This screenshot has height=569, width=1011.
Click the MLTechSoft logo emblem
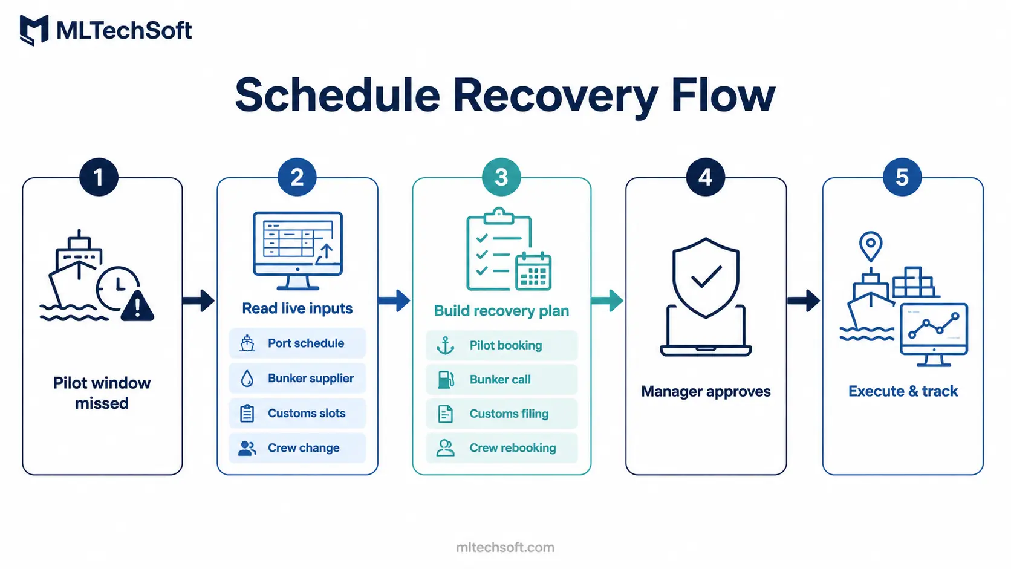point(34,30)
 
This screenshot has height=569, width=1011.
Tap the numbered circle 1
point(99,177)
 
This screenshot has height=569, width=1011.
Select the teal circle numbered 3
point(501,177)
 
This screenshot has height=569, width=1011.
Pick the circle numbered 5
point(902,177)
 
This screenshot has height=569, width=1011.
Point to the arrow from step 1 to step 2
point(198,301)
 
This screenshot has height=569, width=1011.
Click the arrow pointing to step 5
point(804,301)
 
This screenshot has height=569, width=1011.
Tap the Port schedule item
point(297,343)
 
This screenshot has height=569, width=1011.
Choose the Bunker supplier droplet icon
point(247,378)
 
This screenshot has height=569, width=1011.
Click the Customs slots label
point(307,413)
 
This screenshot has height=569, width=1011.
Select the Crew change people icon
point(247,448)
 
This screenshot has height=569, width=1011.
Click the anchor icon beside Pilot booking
point(446,345)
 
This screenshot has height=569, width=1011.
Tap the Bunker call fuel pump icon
point(446,380)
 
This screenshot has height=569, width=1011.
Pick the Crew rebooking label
point(513,447)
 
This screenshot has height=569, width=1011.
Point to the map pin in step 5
point(871,246)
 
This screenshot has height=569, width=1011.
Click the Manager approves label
point(706,391)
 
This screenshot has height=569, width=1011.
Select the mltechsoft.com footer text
point(505,547)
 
